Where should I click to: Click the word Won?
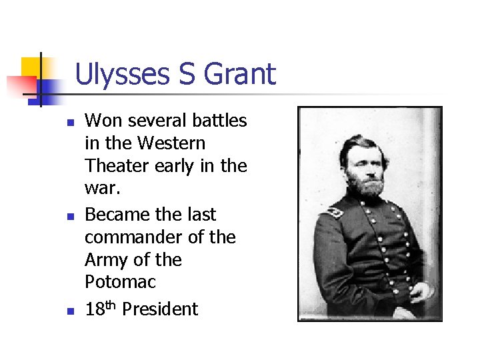(103, 121)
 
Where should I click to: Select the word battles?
(219, 121)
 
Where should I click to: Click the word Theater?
(117, 165)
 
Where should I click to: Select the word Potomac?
(120, 282)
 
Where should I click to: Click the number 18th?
(100, 309)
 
